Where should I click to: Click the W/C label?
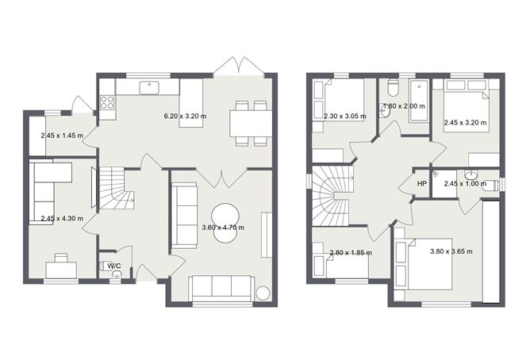click(114, 266)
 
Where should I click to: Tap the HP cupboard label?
click(422, 184)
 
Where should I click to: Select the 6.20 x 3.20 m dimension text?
click(185, 117)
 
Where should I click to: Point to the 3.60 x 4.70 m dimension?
click(223, 228)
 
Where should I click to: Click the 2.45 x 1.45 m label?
click(62, 136)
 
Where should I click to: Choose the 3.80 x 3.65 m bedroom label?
click(451, 251)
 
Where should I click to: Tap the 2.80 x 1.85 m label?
click(351, 253)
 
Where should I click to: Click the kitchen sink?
click(149, 87)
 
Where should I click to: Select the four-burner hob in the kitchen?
click(107, 102)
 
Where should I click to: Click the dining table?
click(251, 123)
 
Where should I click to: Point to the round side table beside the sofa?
click(263, 293)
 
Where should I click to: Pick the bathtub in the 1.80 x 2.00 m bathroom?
click(419, 101)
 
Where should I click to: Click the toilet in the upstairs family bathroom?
click(393, 86)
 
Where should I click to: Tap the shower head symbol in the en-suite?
click(436, 173)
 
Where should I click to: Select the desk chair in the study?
click(61, 258)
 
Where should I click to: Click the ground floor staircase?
click(116, 189)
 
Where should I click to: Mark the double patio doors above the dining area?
click(239, 66)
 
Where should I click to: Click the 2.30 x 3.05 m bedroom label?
click(345, 117)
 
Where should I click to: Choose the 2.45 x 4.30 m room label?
click(62, 219)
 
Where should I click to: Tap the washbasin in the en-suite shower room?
click(470, 174)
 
